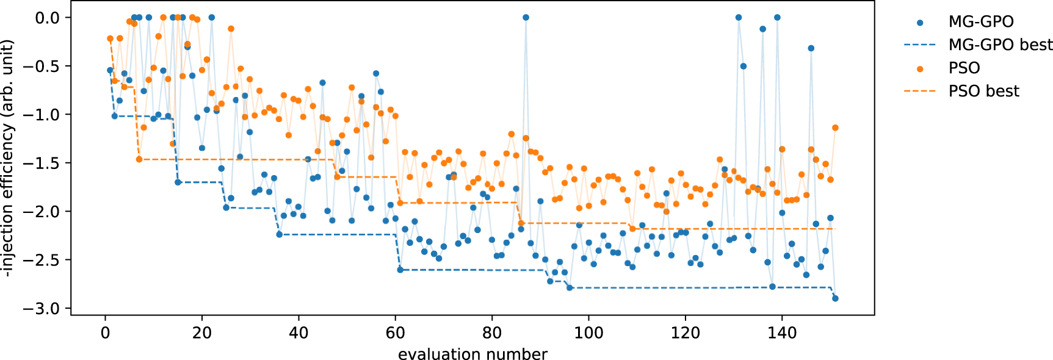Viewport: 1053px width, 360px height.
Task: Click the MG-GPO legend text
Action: coord(980,22)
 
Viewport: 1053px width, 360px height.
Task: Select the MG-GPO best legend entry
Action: coord(1000,45)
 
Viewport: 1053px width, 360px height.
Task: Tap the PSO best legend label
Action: coord(983,92)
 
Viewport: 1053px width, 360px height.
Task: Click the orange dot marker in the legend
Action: coord(920,69)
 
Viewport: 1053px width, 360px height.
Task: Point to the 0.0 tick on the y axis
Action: coord(47,18)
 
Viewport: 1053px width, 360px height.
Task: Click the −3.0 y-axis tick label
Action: coord(42,309)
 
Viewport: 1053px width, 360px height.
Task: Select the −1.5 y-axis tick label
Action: coord(42,164)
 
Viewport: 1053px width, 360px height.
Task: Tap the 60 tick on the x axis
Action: coord(395,333)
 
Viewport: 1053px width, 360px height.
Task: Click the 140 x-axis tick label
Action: coord(782,333)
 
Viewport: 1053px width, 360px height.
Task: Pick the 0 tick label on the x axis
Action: coord(105,333)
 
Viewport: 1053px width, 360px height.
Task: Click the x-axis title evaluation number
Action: coord(472,355)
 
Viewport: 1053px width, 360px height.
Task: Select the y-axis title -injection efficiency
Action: coord(7,159)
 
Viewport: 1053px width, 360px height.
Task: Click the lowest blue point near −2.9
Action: coord(835,298)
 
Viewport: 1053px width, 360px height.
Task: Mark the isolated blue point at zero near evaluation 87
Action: coord(526,18)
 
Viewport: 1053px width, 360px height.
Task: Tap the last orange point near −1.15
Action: coord(835,128)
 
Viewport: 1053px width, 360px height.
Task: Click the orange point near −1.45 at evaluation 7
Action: coord(139,159)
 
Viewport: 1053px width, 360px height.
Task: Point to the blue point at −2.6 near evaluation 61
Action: coord(400,269)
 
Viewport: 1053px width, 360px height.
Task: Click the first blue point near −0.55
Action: coord(110,70)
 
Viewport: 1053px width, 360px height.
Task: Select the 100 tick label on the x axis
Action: coord(588,333)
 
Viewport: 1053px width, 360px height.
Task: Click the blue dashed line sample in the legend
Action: coord(920,45)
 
